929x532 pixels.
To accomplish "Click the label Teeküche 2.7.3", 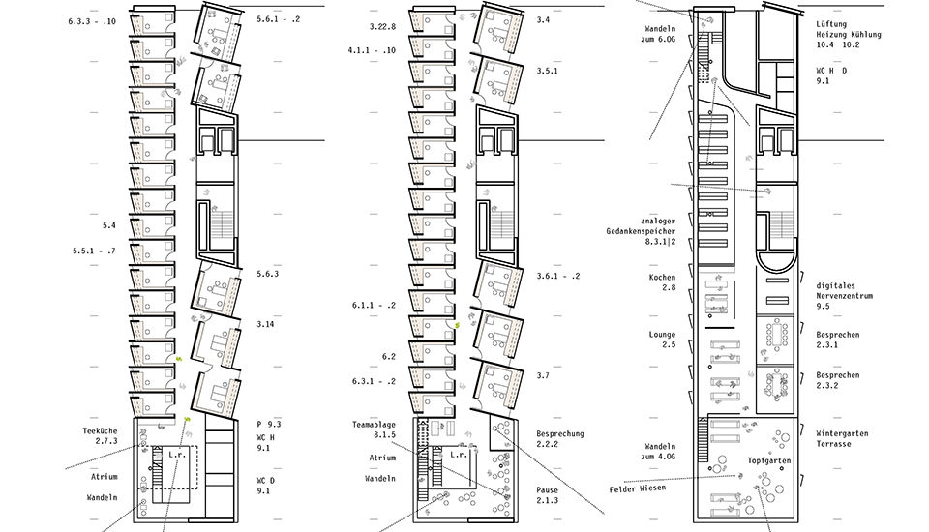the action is pyautogui.click(x=100, y=436).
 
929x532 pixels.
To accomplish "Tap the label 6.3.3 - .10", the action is pyautogui.click(x=92, y=21).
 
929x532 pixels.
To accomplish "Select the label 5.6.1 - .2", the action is pyautogui.click(x=279, y=19).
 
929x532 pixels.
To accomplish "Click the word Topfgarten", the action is pyautogui.click(x=769, y=460).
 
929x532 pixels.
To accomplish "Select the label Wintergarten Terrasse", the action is pyautogui.click(x=842, y=438).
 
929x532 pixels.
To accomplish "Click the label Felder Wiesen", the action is pyautogui.click(x=638, y=488).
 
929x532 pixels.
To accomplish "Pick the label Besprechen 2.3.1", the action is pyautogui.click(x=838, y=340).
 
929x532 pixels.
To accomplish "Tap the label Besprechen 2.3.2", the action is pyautogui.click(x=838, y=380).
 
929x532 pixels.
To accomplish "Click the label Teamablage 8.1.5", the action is pyautogui.click(x=374, y=429).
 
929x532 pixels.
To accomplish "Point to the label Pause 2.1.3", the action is pyautogui.click(x=548, y=495).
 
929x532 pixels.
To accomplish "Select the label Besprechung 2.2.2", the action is pyautogui.click(x=560, y=438).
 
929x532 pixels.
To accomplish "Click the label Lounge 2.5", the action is pyautogui.click(x=662, y=340).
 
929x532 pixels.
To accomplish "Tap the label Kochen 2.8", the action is pyautogui.click(x=662, y=282).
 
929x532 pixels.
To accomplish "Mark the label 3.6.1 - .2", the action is pyautogui.click(x=558, y=276).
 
